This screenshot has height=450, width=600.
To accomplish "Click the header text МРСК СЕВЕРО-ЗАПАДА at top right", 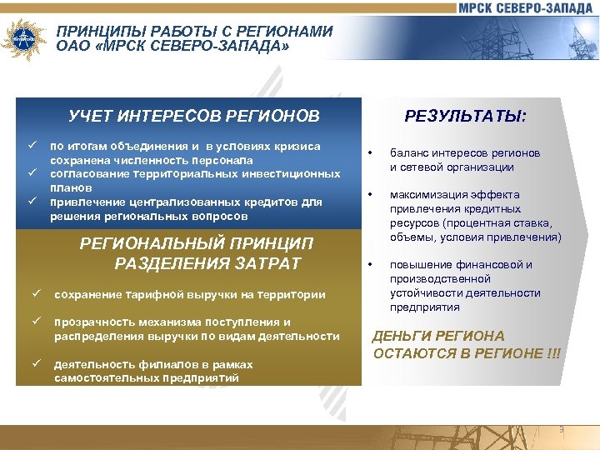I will click(526, 8).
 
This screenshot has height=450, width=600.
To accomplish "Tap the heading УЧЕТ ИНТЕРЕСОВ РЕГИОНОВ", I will click(194, 115).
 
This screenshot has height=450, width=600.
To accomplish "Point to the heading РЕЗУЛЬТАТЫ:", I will click(465, 116).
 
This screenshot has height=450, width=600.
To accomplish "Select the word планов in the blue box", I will click(69, 188).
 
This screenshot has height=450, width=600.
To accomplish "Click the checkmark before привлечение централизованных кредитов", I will click(31, 202).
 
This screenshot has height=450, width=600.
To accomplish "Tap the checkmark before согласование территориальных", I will click(31, 173).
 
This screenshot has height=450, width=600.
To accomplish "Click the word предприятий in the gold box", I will click(203, 378).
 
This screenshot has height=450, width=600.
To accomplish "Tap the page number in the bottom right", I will click(561, 429).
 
